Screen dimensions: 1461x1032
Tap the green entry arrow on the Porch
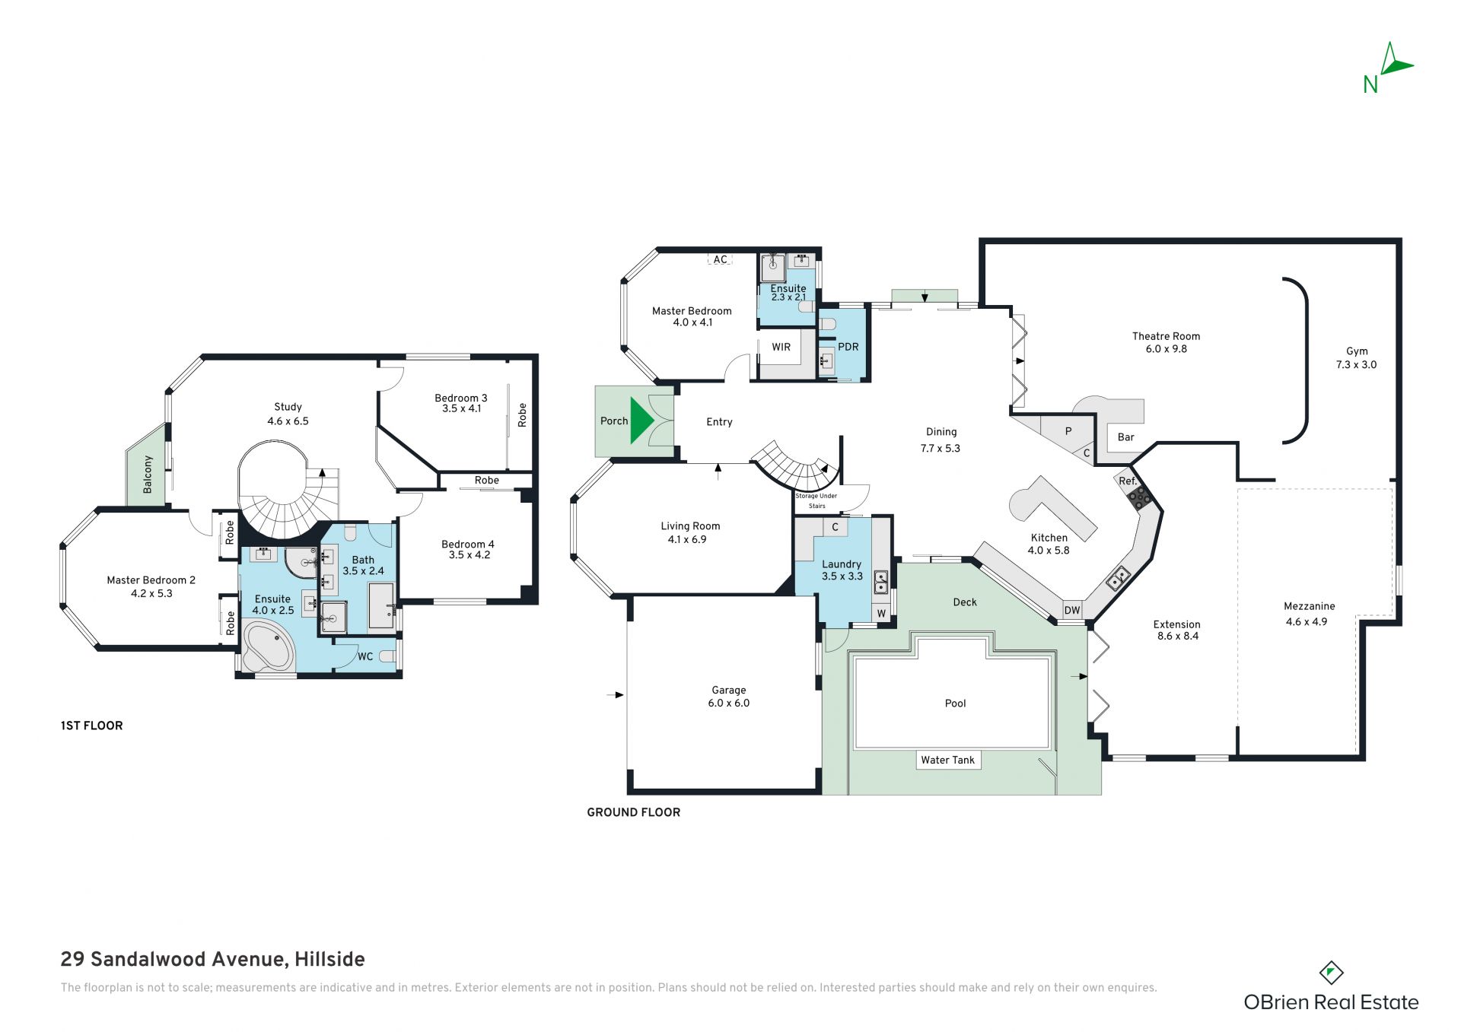click(x=641, y=420)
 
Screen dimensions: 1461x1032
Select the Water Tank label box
click(x=947, y=760)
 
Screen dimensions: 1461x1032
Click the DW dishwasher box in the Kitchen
click(x=1072, y=610)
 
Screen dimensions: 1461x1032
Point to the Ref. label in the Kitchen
click(x=1128, y=481)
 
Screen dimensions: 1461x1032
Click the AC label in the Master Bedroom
click(x=720, y=259)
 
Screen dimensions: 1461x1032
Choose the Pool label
click(x=955, y=703)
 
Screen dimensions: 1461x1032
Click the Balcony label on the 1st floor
click(x=148, y=475)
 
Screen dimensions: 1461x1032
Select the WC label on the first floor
click(x=365, y=656)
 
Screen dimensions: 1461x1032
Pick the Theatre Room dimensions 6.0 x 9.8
click(x=1167, y=349)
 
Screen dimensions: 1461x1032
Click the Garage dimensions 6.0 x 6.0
click(x=729, y=703)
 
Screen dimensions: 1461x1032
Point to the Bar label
click(x=1125, y=437)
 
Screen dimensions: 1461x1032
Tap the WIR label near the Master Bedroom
click(x=781, y=347)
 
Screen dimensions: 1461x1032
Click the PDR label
click(x=848, y=347)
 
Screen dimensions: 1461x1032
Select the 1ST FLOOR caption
click(x=91, y=726)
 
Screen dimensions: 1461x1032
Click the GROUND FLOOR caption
click(x=633, y=812)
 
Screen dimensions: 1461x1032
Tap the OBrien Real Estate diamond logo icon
click(x=1331, y=972)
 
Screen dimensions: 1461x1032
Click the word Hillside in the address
click(x=329, y=960)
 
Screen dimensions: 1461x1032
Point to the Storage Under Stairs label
click(x=816, y=500)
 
